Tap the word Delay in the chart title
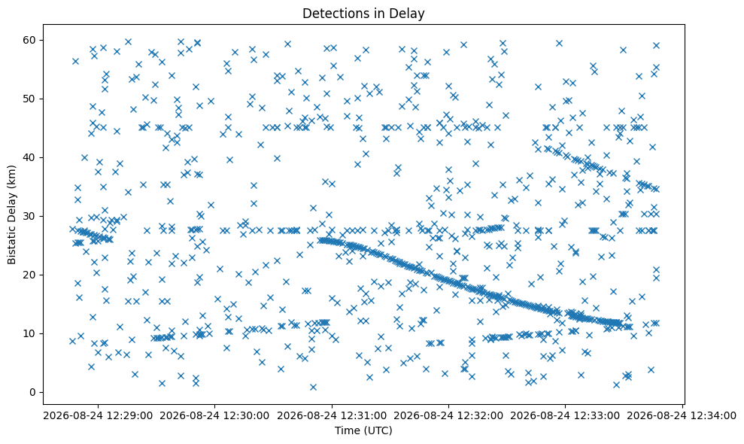[409, 14]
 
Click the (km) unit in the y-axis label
[11, 177]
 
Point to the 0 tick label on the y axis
[33, 392]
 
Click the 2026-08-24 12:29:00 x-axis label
[99, 416]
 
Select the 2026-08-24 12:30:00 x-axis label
[214, 416]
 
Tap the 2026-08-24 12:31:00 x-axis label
[332, 416]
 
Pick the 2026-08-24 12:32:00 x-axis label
[448, 416]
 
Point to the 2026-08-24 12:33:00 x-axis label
[565, 416]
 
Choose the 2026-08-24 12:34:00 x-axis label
[682, 416]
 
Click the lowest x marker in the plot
[313, 387]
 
